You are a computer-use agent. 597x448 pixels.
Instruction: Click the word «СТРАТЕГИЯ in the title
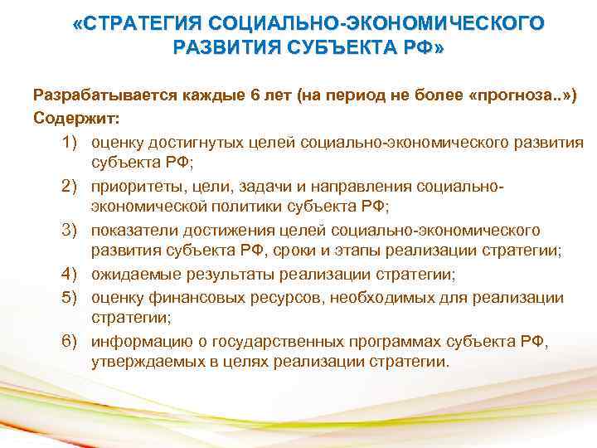[x=133, y=23]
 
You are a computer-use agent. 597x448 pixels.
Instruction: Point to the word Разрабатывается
[x=100, y=95]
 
